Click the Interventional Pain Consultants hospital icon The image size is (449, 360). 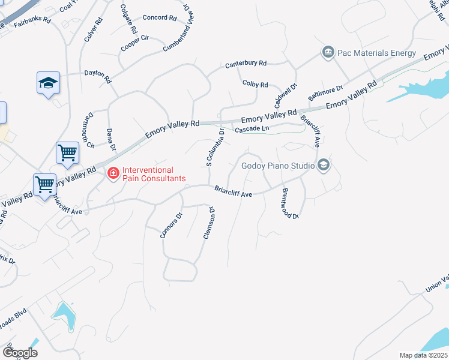[112, 174]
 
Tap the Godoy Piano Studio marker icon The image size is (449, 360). [324, 166]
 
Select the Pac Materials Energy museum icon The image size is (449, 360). [328, 53]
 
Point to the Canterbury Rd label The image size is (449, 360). [246, 64]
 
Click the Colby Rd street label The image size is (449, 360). [255, 85]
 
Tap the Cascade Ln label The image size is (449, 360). [252, 129]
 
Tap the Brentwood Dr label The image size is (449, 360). [286, 203]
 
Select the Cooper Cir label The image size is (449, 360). [134, 42]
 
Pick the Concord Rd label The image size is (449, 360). [158, 17]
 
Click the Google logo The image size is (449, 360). [20, 353]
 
